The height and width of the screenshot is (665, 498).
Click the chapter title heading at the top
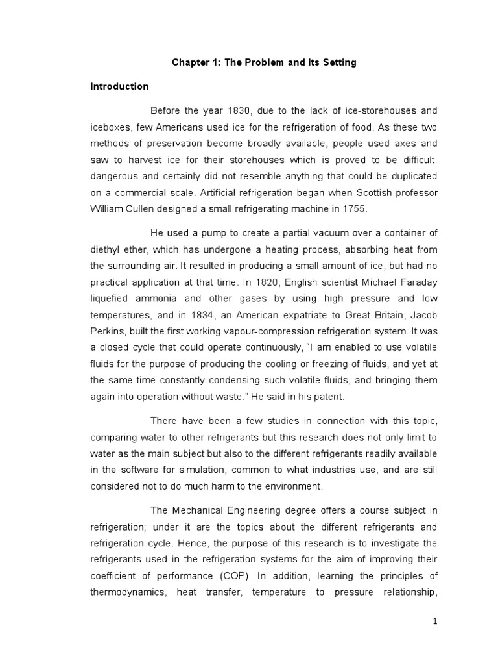(264, 63)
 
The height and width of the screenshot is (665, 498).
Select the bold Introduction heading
(119, 86)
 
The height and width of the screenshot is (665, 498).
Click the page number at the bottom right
(436, 621)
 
